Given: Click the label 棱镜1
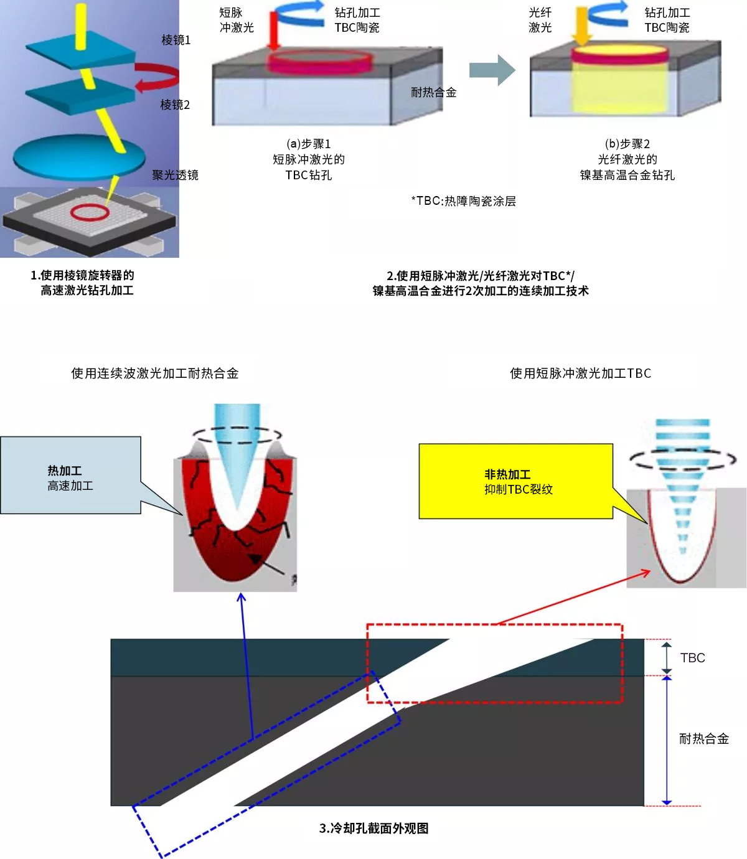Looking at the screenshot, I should [x=176, y=40].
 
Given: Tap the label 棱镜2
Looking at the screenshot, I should [x=175, y=105].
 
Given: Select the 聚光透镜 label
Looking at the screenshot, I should [x=175, y=176].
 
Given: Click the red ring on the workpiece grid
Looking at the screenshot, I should [x=90, y=213].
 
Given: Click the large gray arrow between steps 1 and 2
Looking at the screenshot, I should [x=492, y=70].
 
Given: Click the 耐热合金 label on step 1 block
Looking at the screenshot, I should [x=433, y=93].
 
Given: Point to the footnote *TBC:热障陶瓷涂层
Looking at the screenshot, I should [x=463, y=201].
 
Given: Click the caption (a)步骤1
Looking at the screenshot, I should [x=308, y=144].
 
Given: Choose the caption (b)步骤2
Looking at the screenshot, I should [x=627, y=144].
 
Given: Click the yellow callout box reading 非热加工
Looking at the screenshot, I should [x=515, y=481].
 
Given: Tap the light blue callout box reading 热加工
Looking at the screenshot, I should [x=70, y=476].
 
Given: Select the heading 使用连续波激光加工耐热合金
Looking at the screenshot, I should [x=154, y=373].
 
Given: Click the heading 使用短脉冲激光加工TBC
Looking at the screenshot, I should [x=580, y=373].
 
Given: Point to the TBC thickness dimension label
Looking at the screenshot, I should [x=692, y=658].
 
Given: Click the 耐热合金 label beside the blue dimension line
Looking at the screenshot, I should [x=703, y=739].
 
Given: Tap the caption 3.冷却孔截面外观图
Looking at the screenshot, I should [x=374, y=828].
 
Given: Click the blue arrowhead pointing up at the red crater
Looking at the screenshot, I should [x=242, y=598].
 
